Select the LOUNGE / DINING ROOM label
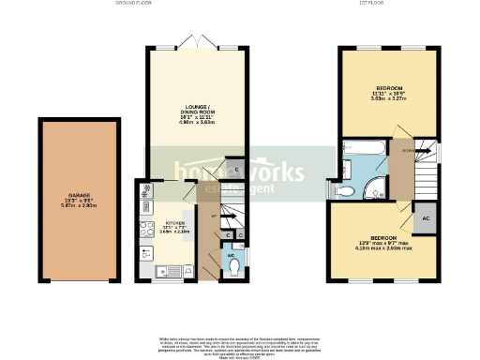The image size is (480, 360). pyautogui.click(x=197, y=111)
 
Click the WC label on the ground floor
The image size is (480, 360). pyautogui.click(x=231, y=253)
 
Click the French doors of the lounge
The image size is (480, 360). pyautogui.click(x=197, y=45)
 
